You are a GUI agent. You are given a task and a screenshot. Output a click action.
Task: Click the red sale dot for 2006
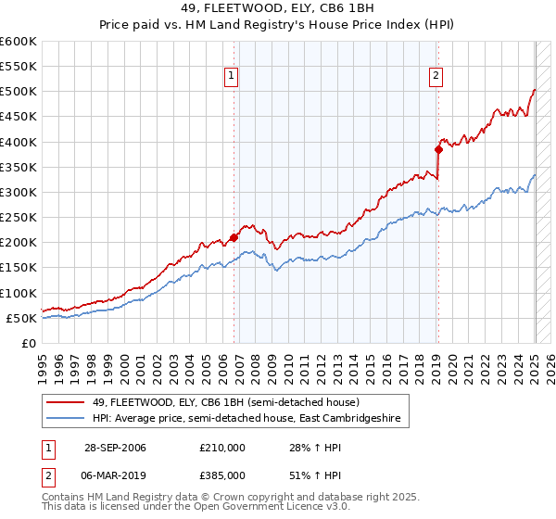234,237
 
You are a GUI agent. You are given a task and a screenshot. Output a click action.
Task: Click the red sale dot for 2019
438,148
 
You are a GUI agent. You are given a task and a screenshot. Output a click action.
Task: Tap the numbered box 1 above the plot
231,77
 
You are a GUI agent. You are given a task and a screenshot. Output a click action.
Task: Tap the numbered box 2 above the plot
436,77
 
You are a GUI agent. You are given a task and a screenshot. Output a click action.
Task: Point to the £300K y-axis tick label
19,192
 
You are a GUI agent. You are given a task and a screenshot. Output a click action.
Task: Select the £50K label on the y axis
22,318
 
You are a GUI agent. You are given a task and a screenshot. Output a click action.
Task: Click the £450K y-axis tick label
19,117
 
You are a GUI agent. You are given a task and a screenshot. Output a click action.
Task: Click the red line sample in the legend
66,402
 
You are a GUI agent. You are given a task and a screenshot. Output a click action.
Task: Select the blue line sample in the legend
66,419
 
